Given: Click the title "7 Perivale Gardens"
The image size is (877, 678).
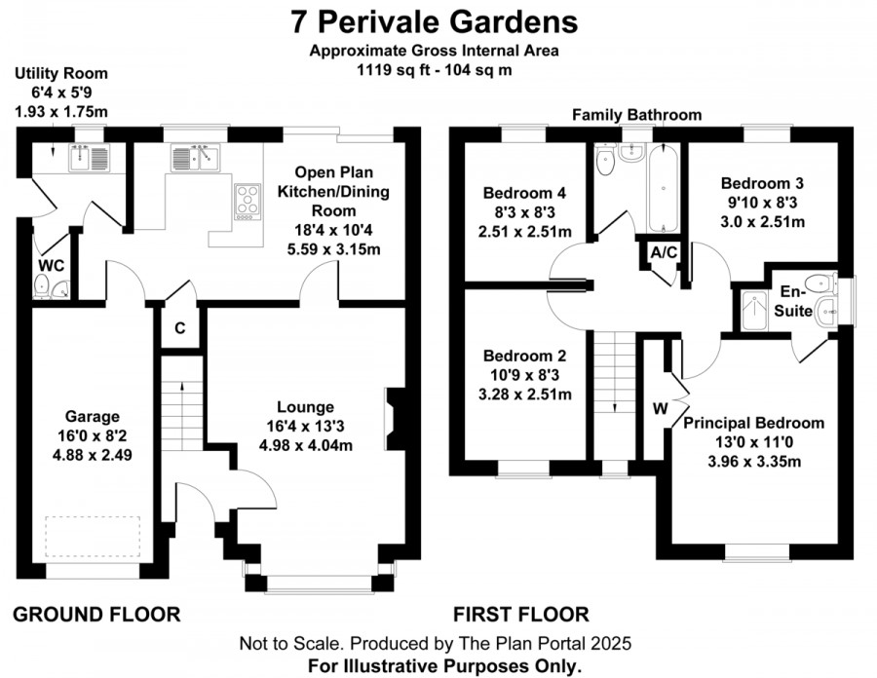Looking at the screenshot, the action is [x=435, y=23].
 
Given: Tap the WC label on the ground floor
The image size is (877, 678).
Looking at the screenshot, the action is [x=52, y=266].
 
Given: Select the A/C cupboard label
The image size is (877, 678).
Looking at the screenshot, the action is [x=664, y=252].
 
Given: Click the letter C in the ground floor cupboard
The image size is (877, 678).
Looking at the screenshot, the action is [x=179, y=328].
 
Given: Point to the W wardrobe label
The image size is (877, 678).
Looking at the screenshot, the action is [x=661, y=408].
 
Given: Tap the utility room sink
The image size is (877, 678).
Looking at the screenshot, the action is [x=90, y=158].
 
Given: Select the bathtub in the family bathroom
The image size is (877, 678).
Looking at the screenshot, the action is [x=664, y=187].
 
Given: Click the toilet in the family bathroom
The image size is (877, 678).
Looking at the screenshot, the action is [x=605, y=159].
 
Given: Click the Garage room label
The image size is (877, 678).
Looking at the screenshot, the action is [x=93, y=416].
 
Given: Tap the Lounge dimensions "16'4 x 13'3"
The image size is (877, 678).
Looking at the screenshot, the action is [x=305, y=427].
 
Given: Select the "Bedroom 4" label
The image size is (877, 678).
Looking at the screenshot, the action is [x=524, y=194].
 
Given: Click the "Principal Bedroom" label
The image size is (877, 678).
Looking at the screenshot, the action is [x=754, y=423].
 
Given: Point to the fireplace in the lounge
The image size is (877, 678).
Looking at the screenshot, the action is [x=395, y=419].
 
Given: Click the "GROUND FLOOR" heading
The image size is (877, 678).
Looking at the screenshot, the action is [x=96, y=615].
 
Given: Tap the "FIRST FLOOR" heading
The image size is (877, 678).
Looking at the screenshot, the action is [x=521, y=615].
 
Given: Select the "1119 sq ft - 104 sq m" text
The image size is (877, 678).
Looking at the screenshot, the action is [x=435, y=70].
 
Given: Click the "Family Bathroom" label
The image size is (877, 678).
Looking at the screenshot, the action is [x=637, y=115].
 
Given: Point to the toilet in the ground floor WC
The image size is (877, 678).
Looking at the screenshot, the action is [x=41, y=285].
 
